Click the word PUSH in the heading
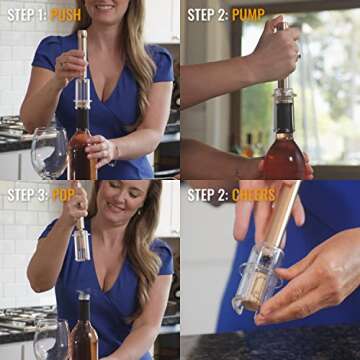tap(65, 14)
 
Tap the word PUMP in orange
tap(248, 14)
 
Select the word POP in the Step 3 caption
tap(63, 193)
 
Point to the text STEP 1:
tap(26, 14)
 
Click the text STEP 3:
tap(26, 193)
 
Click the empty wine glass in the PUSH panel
tap(48, 152)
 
